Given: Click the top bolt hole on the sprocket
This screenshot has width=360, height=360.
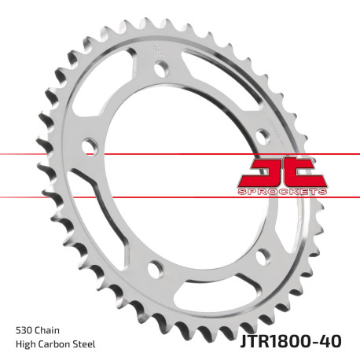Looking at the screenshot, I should click(162, 69).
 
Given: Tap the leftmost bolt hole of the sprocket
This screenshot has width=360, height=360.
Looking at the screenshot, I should click(90, 145).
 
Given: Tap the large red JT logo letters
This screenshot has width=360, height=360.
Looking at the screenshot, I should click(281, 169).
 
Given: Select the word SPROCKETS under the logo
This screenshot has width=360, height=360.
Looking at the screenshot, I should click(281, 191).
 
